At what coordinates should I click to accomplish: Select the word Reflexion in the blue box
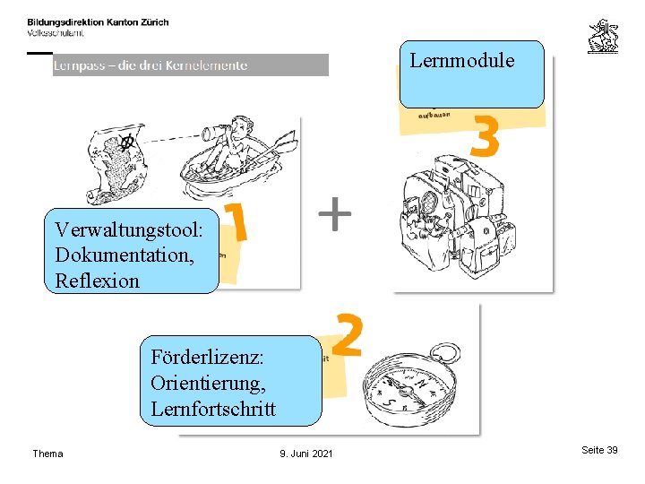97,281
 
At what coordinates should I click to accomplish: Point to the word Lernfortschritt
213,409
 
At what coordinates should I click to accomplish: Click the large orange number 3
483,139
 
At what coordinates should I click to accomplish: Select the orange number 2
348,334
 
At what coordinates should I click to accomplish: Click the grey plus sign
335,215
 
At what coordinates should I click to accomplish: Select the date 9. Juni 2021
305,454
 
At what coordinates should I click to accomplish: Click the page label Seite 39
599,450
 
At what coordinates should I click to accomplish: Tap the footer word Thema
47,454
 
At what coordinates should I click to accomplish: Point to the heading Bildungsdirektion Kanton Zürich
98,22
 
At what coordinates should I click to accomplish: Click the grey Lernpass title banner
190,65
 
